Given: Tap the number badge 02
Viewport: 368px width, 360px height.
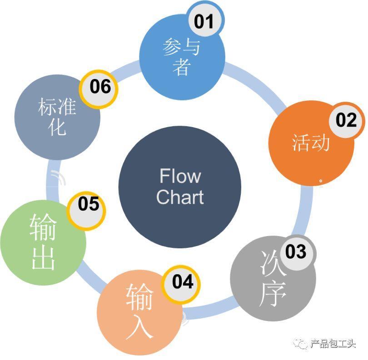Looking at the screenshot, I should click(x=346, y=120).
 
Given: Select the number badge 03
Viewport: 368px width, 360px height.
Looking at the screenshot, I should click(x=296, y=252).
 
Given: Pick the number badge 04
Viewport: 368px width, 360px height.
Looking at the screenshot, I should click(x=183, y=282).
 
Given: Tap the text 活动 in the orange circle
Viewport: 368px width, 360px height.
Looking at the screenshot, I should click(x=311, y=143).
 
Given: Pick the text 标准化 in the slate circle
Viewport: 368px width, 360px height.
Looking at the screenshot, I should click(x=57, y=116).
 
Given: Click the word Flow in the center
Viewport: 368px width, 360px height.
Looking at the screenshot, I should click(x=180, y=176).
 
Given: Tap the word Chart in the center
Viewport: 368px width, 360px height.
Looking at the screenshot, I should click(x=180, y=197).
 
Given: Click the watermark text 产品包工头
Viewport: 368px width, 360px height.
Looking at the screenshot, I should click(x=333, y=344).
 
